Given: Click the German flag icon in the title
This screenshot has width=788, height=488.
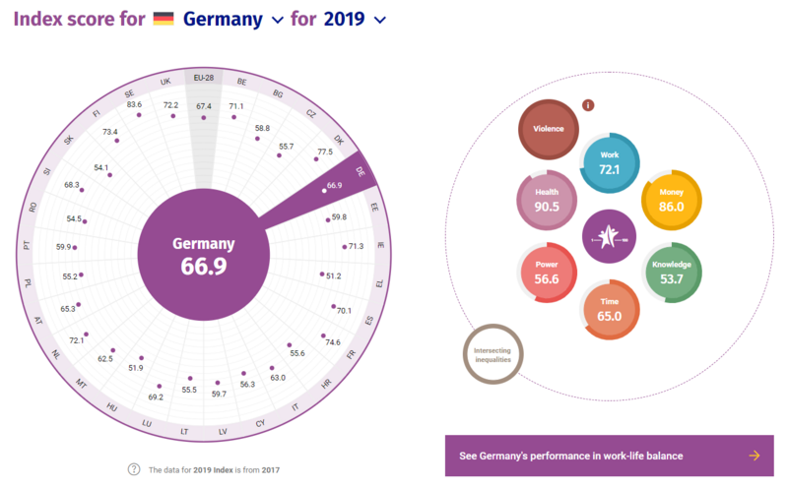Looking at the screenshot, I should (x=164, y=19).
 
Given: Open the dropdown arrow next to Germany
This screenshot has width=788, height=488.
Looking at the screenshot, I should (x=277, y=20).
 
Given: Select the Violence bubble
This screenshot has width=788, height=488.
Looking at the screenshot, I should (x=550, y=129).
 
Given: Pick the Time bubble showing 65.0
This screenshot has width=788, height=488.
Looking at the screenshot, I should (x=611, y=309).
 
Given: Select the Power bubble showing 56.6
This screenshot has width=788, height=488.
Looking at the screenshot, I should (x=547, y=272).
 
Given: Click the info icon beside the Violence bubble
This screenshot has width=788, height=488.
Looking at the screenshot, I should (x=588, y=105).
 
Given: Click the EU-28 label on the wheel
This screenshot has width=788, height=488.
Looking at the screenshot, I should (x=205, y=80).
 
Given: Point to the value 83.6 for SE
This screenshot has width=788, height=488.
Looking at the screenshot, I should (x=135, y=104).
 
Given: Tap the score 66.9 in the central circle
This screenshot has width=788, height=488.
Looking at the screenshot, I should (x=204, y=265).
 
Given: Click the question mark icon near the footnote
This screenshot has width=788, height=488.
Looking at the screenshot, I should (x=134, y=469).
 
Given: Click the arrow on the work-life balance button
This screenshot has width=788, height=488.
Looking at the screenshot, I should (x=755, y=456).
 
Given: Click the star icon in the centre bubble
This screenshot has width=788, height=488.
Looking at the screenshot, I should (x=609, y=237).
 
